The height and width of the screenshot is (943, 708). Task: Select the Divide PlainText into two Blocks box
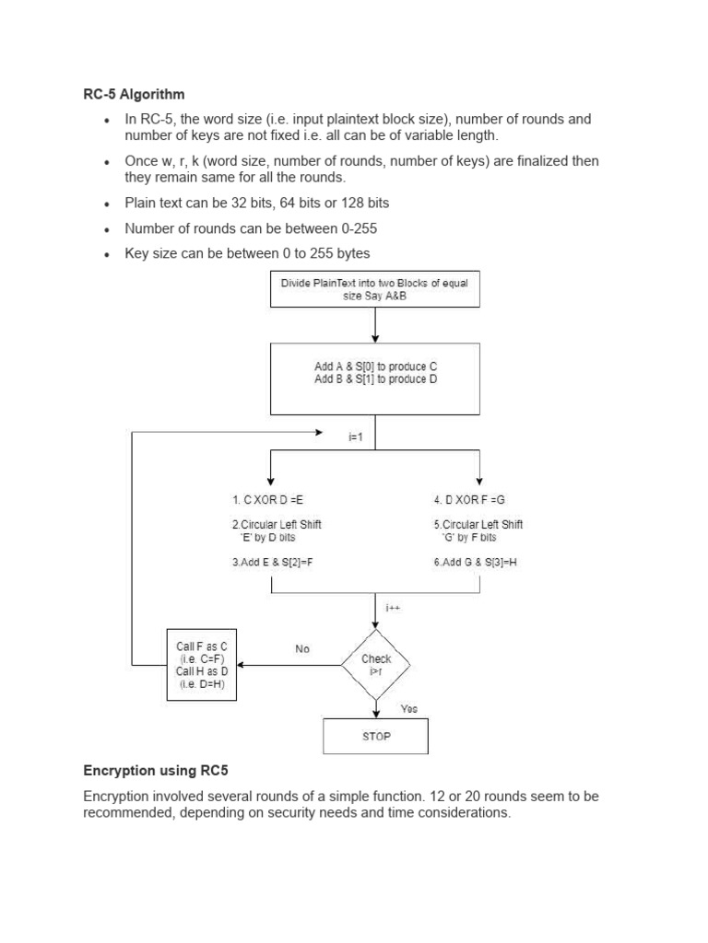[374, 290]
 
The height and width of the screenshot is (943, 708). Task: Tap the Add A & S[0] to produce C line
[375, 366]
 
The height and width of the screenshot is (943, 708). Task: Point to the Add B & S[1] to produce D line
[375, 379]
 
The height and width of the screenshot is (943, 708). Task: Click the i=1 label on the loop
[357, 437]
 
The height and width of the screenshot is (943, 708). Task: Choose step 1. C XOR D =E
[266, 499]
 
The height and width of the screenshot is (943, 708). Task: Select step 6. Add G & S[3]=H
[476, 561]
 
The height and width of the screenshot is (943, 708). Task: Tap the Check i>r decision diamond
[376, 664]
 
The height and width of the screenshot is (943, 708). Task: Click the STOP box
[375, 737]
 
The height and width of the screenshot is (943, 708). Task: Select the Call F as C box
[202, 664]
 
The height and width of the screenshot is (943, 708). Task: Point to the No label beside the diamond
[302, 649]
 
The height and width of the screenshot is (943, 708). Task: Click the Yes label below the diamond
[408, 708]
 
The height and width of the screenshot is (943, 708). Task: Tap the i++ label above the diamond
[394, 607]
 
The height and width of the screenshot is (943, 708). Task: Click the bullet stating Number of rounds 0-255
[251, 227]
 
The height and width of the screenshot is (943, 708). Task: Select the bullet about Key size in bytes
[247, 253]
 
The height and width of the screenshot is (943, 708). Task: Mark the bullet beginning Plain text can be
[263, 203]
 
